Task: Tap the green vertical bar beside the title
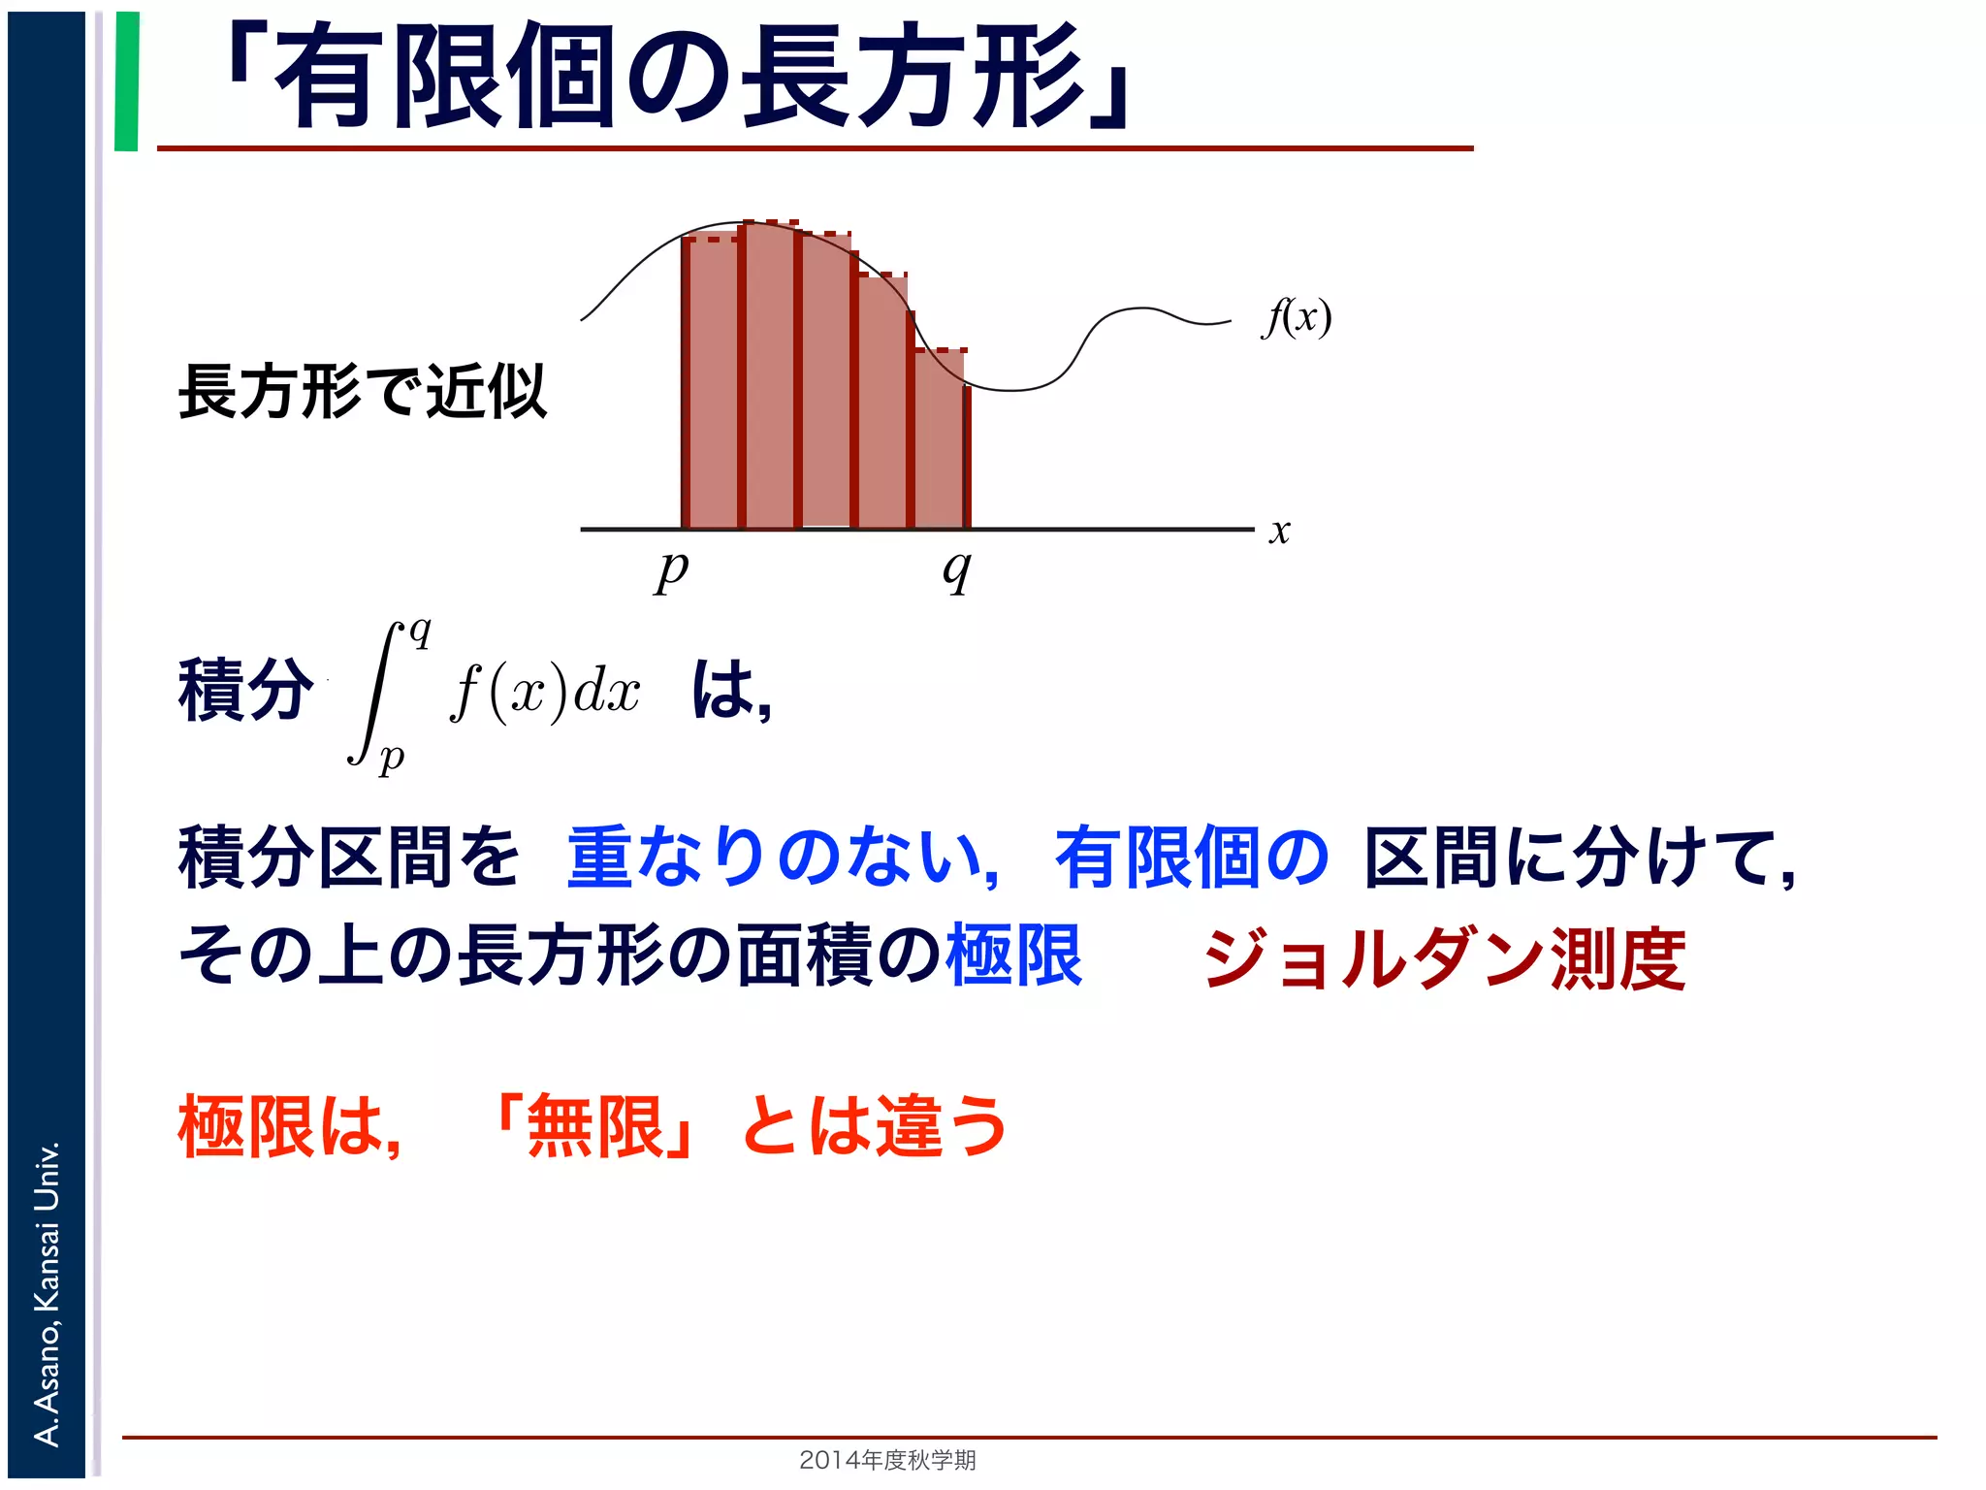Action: pyautogui.click(x=127, y=81)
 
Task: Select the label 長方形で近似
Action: pyautogui.click(x=363, y=392)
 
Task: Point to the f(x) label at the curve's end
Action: pyautogui.click(x=1297, y=317)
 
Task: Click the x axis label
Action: pyautogui.click(x=1280, y=532)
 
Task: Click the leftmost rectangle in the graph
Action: pyautogui.click(x=711, y=383)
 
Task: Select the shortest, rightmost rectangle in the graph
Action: pyautogui.click(x=940, y=441)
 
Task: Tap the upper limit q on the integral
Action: pyautogui.click(x=420, y=632)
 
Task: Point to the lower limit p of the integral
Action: pyautogui.click(x=391, y=757)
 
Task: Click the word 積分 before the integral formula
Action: pyautogui.click(x=246, y=691)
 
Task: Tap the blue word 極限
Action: pyautogui.click(x=1014, y=956)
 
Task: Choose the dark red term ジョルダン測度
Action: pyautogui.click(x=1445, y=959)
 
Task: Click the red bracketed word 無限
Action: pyautogui.click(x=594, y=1127)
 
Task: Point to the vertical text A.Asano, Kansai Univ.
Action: pyautogui.click(x=47, y=1294)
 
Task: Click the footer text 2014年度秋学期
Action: pyautogui.click(x=887, y=1460)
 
